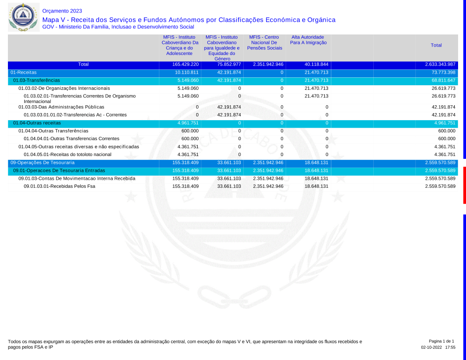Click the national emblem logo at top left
[22, 17]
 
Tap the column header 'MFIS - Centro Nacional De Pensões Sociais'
[265, 42]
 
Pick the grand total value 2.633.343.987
[440, 64]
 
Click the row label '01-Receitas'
[23, 73]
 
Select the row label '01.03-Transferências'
[36, 81]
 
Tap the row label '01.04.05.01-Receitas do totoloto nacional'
[68, 155]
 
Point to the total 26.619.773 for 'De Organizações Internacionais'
[443, 88]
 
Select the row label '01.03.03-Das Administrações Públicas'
[62, 107]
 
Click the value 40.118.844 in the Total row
[316, 64]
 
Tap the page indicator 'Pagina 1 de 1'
[441, 341]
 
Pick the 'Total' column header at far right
[436, 45]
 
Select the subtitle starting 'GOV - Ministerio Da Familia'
[118, 27]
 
